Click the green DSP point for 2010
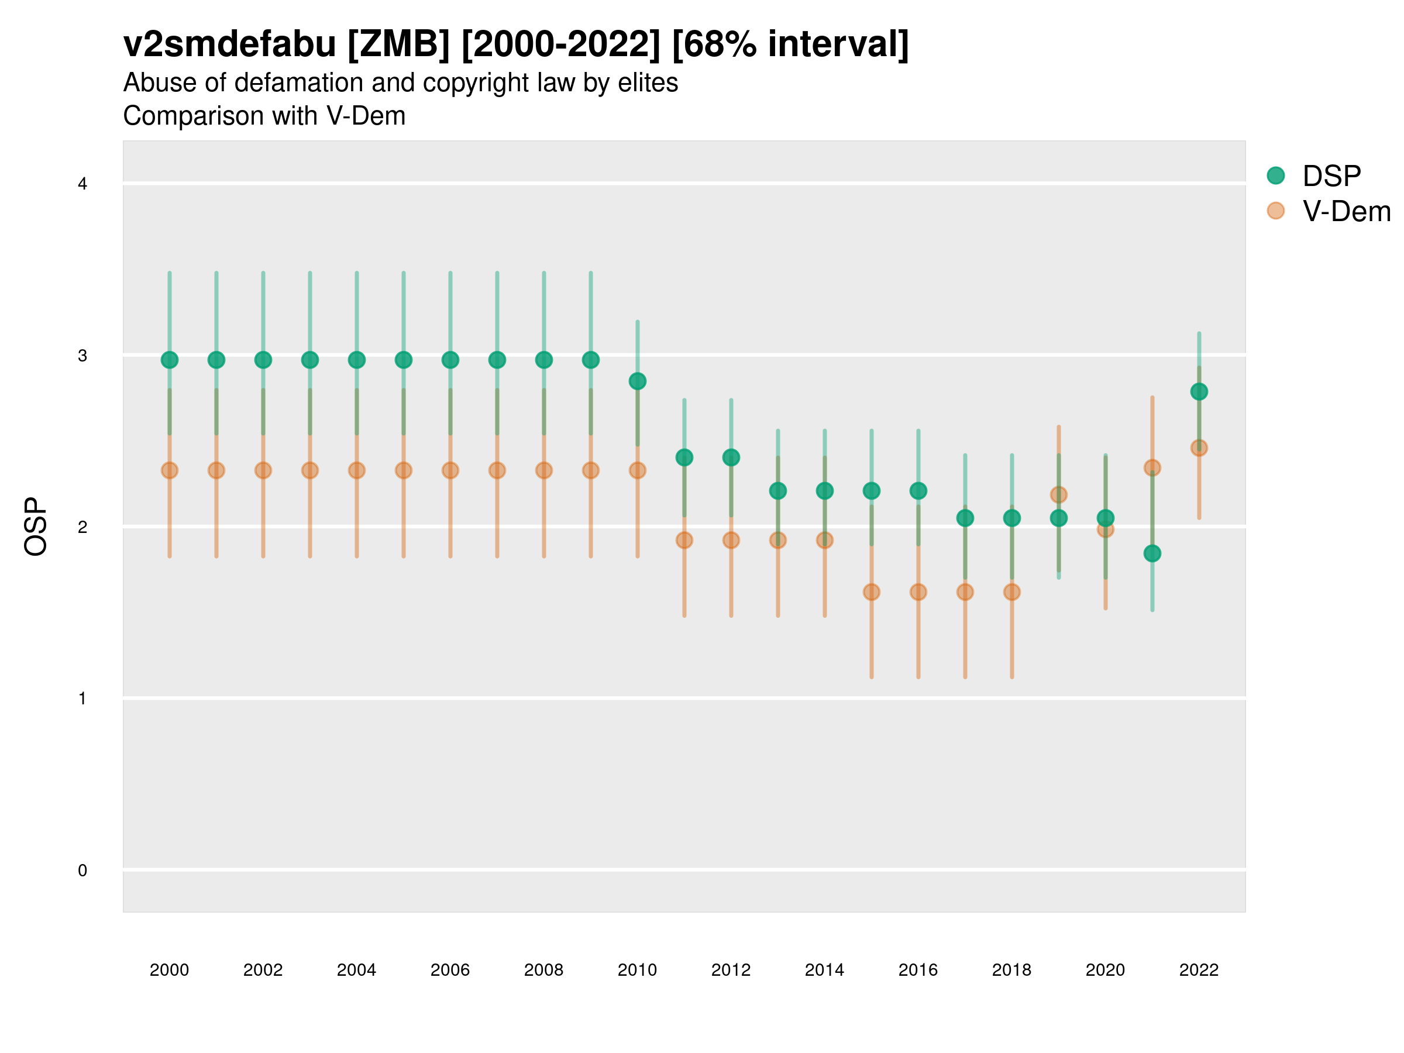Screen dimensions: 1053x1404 click(x=637, y=381)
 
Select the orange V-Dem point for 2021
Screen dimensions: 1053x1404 click(x=1152, y=468)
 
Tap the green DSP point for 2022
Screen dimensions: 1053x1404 click(x=1199, y=391)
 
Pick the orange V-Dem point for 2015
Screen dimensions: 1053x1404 click(x=872, y=592)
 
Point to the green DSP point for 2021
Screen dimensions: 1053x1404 click(x=1152, y=553)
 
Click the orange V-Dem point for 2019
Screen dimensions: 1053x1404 click(x=1059, y=494)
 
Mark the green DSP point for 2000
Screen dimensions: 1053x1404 click(x=170, y=360)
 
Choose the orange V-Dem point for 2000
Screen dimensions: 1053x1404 click(x=170, y=470)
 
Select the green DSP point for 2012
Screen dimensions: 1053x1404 click(x=731, y=457)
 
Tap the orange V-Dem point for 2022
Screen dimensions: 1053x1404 click(x=1199, y=448)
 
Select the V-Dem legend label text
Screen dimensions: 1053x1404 click(x=1346, y=211)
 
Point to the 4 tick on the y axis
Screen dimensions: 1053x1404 click(x=82, y=184)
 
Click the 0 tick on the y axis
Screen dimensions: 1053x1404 click(x=82, y=870)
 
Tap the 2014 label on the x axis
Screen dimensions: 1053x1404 click(x=824, y=970)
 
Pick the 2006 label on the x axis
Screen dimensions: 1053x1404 click(x=450, y=970)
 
